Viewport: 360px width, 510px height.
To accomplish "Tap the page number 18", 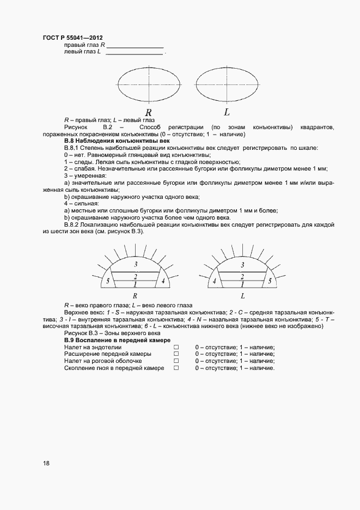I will point(46,463).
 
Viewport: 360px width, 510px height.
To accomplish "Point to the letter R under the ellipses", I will point(148,113).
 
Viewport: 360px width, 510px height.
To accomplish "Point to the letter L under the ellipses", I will point(227,112).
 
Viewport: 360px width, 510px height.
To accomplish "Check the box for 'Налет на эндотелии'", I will point(176,347).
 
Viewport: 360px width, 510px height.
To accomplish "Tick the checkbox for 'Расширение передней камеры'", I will point(176,354).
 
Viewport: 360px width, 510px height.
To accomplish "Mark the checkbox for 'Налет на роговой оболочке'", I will point(176,361).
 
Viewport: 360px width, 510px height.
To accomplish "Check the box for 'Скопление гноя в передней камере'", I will point(176,368).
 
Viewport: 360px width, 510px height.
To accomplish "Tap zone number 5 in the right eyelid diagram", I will point(108,281).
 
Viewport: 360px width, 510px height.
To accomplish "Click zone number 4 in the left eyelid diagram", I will point(215,281).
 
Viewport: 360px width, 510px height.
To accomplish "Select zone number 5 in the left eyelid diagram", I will point(269,281).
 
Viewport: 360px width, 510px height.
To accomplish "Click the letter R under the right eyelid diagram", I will point(135,296).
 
